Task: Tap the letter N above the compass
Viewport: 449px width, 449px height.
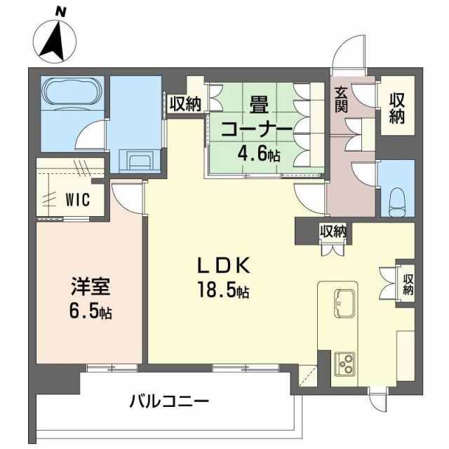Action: point(62,10)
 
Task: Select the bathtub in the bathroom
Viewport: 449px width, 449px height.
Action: point(72,93)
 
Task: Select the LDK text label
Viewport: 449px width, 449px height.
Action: point(223,266)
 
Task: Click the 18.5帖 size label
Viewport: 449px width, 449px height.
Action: point(224,290)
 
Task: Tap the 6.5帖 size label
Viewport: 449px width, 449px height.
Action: point(89,311)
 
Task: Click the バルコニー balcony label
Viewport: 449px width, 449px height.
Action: point(169,402)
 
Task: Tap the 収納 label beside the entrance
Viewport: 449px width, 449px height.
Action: point(398,109)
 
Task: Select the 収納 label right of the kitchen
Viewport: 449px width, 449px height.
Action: point(408,283)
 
